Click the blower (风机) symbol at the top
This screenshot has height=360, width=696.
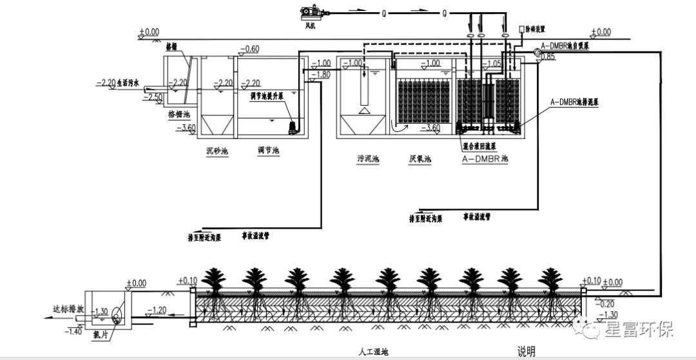311,12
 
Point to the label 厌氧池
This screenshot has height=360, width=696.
420,158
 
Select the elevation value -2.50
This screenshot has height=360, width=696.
153,97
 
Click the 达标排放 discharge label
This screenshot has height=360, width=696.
68,308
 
